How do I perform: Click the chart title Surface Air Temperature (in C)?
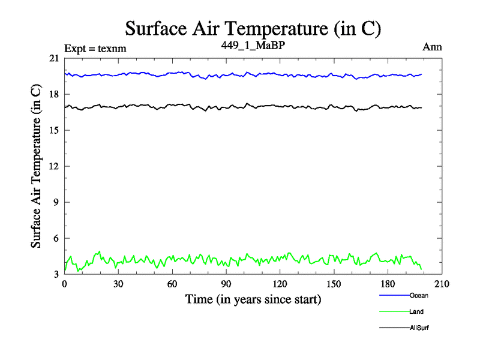click(253, 28)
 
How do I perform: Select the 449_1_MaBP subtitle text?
click(253, 46)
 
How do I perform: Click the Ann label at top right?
click(433, 48)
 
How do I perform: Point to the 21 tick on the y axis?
click(54, 58)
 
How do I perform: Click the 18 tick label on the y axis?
click(54, 94)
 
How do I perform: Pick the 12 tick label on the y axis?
click(54, 166)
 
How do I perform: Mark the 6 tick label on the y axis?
click(56, 238)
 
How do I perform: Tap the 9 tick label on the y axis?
click(56, 202)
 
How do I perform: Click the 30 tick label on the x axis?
click(118, 284)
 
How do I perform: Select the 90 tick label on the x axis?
click(226, 284)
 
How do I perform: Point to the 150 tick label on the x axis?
click(334, 284)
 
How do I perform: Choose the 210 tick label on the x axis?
click(442, 284)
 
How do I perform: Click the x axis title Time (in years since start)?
click(253, 298)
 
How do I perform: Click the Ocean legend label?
click(419, 295)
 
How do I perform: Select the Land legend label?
click(416, 311)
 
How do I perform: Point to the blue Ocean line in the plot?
click(240, 74)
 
